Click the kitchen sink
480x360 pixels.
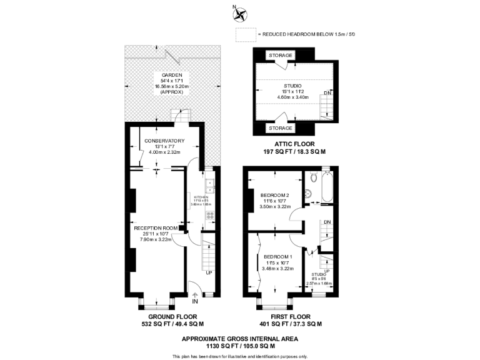click(212, 186)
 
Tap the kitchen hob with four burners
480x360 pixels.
click(210, 214)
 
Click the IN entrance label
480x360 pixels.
click(194, 301)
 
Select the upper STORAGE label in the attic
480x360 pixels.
click(281, 56)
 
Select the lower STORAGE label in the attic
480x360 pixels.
click(281, 128)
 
